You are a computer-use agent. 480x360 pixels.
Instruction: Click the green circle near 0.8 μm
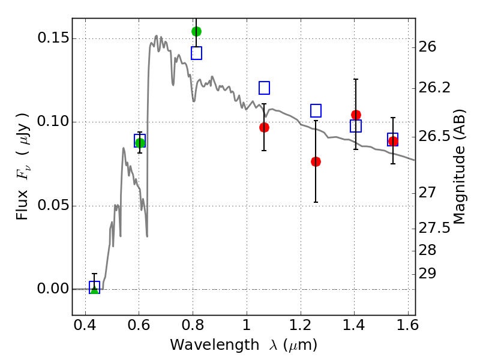tap(197, 31)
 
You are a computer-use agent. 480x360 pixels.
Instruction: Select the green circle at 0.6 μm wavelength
tap(140, 143)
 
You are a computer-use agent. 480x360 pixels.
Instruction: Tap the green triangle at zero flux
tap(95, 289)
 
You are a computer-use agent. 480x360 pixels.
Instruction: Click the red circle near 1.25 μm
tap(316, 161)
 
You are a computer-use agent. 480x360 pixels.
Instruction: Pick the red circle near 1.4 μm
tap(356, 115)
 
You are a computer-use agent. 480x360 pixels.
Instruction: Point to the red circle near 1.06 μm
tap(264, 127)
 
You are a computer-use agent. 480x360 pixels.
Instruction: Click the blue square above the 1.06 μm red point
tap(264, 88)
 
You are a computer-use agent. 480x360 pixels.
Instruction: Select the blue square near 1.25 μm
tap(316, 110)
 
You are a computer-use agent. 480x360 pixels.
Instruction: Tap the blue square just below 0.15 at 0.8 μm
tap(197, 53)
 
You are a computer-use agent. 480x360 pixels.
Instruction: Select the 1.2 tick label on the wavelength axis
tap(301, 325)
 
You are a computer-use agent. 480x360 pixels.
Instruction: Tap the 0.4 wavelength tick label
tap(85, 325)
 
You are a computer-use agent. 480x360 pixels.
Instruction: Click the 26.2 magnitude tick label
tap(434, 88)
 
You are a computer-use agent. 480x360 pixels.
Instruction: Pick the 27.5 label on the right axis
tap(434, 229)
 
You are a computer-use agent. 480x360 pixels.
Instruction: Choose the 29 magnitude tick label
tap(427, 274)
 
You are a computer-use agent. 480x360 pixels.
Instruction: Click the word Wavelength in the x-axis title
tap(215, 345)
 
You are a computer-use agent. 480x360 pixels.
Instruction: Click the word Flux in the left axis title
tap(22, 205)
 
